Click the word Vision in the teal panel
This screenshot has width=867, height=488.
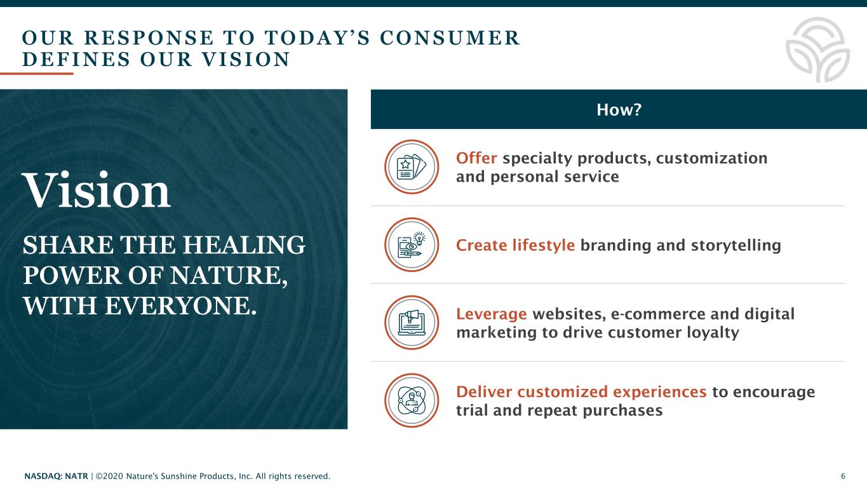pyautogui.click(x=97, y=190)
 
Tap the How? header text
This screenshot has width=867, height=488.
pyautogui.click(x=619, y=109)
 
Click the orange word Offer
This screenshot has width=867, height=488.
pyautogui.click(x=476, y=158)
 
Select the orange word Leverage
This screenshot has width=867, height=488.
pyautogui.click(x=492, y=314)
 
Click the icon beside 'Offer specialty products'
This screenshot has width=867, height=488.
pyautogui.click(x=412, y=167)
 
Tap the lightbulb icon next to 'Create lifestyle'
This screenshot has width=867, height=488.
pyautogui.click(x=412, y=245)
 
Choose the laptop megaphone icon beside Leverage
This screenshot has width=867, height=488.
pyautogui.click(x=412, y=323)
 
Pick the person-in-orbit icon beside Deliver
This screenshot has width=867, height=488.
pyautogui.click(x=412, y=400)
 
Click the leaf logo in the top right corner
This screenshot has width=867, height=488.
pyautogui.click(x=818, y=50)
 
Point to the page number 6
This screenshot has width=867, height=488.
pyautogui.click(x=843, y=476)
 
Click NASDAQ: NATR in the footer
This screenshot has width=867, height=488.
pyautogui.click(x=56, y=476)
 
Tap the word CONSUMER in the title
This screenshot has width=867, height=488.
pyautogui.click(x=450, y=38)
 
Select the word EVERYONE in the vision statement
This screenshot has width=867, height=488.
pyautogui.click(x=181, y=306)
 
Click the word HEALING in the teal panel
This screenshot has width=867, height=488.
pyautogui.click(x=244, y=245)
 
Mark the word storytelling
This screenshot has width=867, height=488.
pyautogui.click(x=736, y=245)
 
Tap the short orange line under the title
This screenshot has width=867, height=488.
pyautogui.click(x=36, y=73)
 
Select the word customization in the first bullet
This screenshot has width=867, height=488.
pyautogui.click(x=711, y=158)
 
